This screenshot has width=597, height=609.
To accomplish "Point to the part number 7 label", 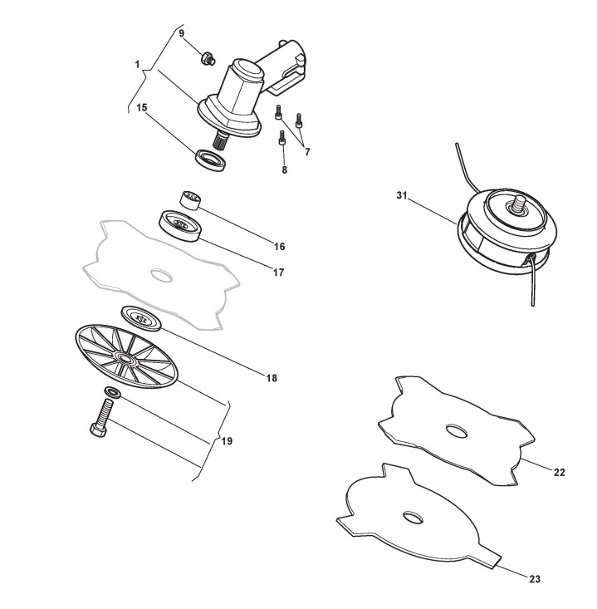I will coord(307,152).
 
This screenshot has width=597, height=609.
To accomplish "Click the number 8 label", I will coord(284,169).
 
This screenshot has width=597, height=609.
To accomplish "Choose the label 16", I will coord(279,247).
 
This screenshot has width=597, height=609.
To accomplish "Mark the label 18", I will coord(271,378).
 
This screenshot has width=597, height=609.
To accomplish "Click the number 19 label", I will coord(227,441).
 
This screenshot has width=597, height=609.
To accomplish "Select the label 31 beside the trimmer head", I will coord(402,195).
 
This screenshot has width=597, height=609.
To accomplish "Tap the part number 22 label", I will coord(559,472).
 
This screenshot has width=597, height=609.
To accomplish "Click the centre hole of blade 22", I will coord(455,430).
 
